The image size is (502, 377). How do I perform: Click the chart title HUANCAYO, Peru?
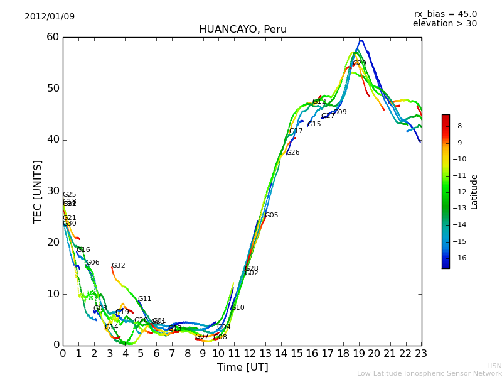coord(243,30)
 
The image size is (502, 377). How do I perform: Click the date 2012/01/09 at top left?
coord(50,16)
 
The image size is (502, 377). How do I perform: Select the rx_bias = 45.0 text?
coord(446,14)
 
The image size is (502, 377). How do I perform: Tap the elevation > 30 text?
coord(445,24)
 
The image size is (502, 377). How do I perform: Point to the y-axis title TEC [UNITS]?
coord(38,191)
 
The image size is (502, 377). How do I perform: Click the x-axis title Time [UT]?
coord(243,368)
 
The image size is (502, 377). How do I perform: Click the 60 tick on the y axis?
coord(52,37)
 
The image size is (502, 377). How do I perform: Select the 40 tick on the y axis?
coord(52,139)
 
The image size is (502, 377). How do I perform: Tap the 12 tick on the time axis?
coord(250,354)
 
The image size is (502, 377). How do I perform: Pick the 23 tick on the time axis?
coord(422,354)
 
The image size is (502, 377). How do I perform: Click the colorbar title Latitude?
coord(474,192)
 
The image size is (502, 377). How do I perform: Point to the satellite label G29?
coord(359,63)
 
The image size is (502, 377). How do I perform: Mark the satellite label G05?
coord(271,216)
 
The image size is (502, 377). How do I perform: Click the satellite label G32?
coord(118,266)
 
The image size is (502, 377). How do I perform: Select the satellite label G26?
coord(292,153)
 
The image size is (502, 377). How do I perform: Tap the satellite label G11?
coord(144,299)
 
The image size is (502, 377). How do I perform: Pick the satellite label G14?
coord(111,327)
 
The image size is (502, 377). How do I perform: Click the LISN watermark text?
coord(494,366)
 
